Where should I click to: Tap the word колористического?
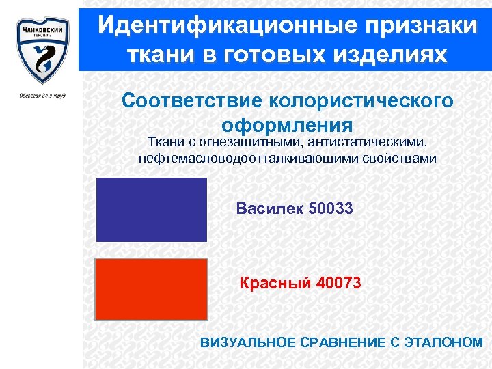[361, 100]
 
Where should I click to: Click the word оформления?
[287, 125]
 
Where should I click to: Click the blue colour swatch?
[151, 210]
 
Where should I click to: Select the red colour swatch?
[151, 289]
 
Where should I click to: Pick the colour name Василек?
[269, 208]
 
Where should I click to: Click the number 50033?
[331, 208]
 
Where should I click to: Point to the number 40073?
[339, 282]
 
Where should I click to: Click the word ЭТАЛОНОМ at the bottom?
[446, 342]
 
